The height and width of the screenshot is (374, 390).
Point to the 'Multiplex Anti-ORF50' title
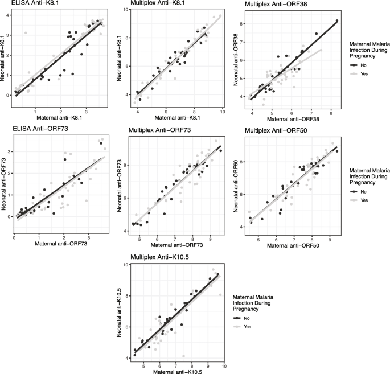(x=277, y=131)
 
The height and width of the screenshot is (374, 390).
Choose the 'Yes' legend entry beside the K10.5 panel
(x=247, y=327)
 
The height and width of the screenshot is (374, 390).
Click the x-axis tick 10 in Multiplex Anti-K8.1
(x=221, y=112)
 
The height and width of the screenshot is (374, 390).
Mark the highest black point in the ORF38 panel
(x=336, y=21)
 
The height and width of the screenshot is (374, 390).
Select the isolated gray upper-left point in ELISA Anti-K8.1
(x=26, y=33)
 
